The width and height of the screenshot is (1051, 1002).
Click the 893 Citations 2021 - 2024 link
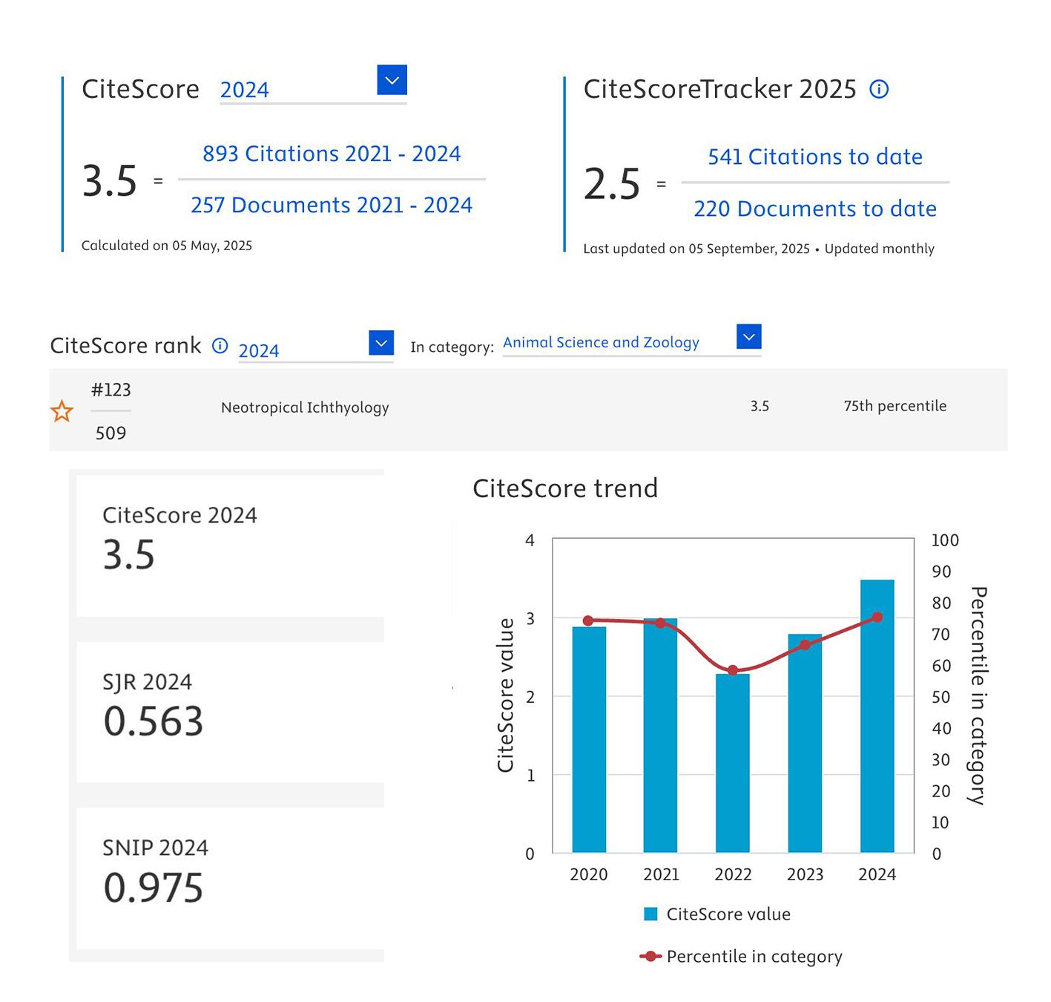[332, 154]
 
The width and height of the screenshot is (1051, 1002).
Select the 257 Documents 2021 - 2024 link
[332, 205]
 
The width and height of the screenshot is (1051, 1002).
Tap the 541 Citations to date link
[815, 157]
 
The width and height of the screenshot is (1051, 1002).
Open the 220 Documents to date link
[815, 209]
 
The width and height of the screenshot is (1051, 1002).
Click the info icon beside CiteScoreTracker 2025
[879, 90]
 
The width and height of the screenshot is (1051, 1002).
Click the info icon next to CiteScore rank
[220, 346]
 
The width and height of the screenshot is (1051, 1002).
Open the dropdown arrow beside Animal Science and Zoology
[749, 337]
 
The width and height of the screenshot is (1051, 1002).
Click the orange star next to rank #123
[62, 411]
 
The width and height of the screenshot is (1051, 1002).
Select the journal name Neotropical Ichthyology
[305, 407]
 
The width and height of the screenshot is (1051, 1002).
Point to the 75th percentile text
[894, 406]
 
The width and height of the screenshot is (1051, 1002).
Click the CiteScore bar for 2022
[733, 764]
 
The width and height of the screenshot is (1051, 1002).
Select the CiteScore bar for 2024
[877, 716]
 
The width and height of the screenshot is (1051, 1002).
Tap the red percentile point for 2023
[805, 644]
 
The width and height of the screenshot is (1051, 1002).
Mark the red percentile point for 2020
[588, 620]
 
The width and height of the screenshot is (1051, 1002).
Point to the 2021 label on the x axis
[661, 874]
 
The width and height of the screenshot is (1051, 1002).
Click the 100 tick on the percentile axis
[945, 540]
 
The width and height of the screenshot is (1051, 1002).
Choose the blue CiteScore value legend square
[650, 914]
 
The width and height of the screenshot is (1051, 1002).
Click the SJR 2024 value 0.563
[154, 721]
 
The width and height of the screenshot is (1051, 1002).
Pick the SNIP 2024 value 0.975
[154, 888]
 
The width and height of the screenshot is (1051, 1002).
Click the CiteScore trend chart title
[565, 488]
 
